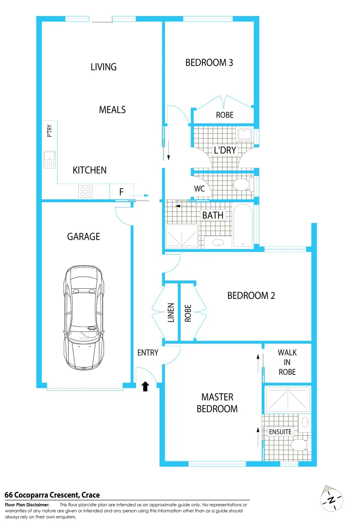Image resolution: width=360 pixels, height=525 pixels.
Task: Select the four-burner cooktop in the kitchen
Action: coord(86,192)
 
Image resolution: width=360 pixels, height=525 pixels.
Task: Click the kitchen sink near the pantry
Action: coord(49,159)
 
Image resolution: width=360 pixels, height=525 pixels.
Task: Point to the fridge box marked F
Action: coord(121,192)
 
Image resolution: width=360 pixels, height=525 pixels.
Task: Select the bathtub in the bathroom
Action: coord(243,226)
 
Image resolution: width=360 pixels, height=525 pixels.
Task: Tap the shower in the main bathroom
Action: coord(182,236)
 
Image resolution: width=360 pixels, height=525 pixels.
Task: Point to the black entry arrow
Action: coord(144,386)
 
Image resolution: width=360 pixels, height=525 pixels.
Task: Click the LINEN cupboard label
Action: coord(171,313)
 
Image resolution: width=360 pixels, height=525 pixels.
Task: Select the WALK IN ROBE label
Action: coord(287,362)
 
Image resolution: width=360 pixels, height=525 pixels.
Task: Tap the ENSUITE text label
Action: coord(280,432)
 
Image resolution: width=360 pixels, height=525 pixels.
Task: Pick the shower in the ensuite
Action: coord(287,400)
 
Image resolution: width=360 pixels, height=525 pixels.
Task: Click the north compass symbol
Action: coord(332,499)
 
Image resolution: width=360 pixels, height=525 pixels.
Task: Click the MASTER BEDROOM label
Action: coord(217,403)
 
